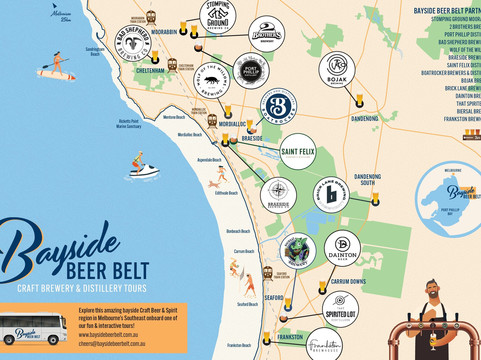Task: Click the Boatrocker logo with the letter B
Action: point(279,108)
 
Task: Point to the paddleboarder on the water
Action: point(59,67)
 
